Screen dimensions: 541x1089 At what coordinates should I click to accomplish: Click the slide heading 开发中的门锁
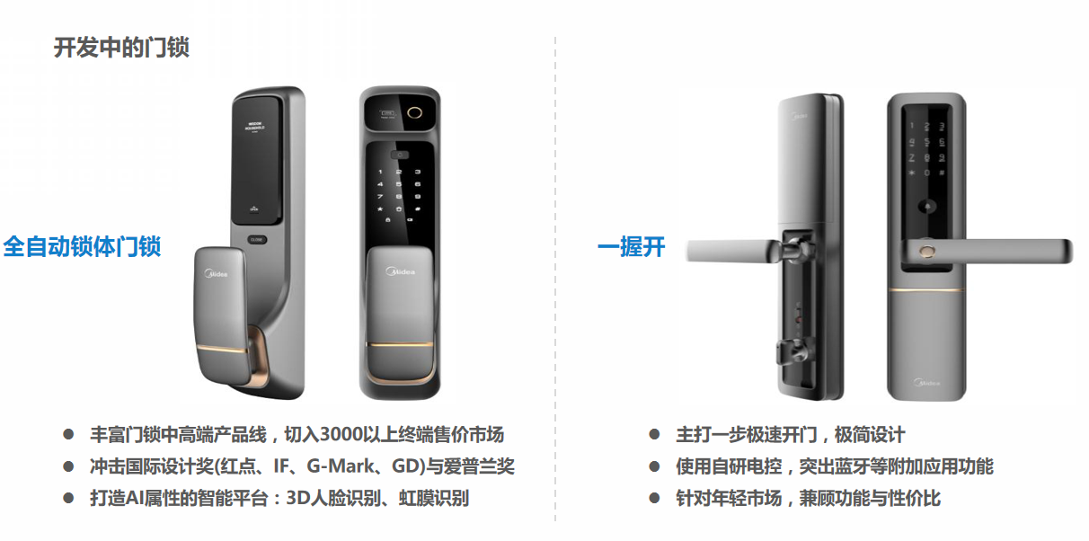tap(120, 48)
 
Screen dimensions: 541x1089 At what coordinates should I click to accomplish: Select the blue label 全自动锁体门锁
tap(82, 246)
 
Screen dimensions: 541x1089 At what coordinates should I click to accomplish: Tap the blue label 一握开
tap(631, 246)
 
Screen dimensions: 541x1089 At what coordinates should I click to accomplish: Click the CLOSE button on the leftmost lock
tap(258, 239)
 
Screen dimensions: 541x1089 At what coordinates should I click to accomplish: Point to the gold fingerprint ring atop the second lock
tap(415, 115)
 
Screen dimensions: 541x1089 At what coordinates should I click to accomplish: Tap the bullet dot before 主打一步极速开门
tap(654, 435)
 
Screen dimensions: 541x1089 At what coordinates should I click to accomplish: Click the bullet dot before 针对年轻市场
tap(654, 498)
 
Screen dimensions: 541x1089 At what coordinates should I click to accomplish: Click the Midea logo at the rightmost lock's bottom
tap(927, 383)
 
